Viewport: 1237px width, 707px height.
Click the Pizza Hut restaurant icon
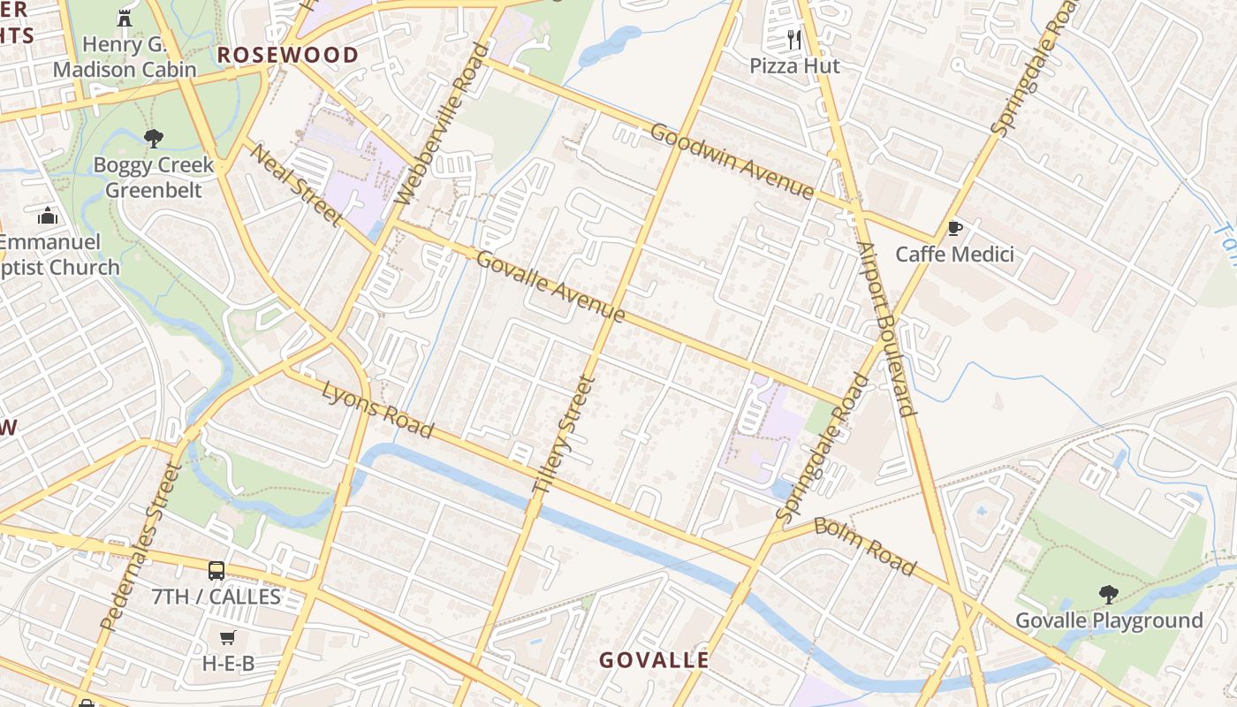tap(793, 39)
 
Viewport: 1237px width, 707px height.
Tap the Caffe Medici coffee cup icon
tap(954, 228)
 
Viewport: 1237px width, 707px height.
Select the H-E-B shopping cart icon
tap(228, 637)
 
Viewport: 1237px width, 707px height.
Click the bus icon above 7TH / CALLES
tap(216, 570)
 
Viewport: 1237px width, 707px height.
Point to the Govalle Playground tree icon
tap(1108, 594)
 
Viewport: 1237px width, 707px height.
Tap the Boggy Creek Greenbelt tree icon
tap(154, 138)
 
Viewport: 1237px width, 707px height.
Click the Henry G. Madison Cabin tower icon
tap(124, 18)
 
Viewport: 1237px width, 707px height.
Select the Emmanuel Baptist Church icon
tap(48, 216)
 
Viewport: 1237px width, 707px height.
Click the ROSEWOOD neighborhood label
tap(288, 55)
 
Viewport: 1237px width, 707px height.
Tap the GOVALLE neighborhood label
tap(654, 660)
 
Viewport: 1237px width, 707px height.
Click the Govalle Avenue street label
tap(550, 286)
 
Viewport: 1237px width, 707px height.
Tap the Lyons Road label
tap(377, 409)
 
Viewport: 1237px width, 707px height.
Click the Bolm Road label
tap(865, 546)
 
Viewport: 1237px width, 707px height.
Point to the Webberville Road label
tap(443, 124)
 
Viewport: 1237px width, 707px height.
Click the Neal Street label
tap(295, 184)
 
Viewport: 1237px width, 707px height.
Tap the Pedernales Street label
tap(140, 547)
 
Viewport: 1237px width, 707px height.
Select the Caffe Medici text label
tap(954, 255)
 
